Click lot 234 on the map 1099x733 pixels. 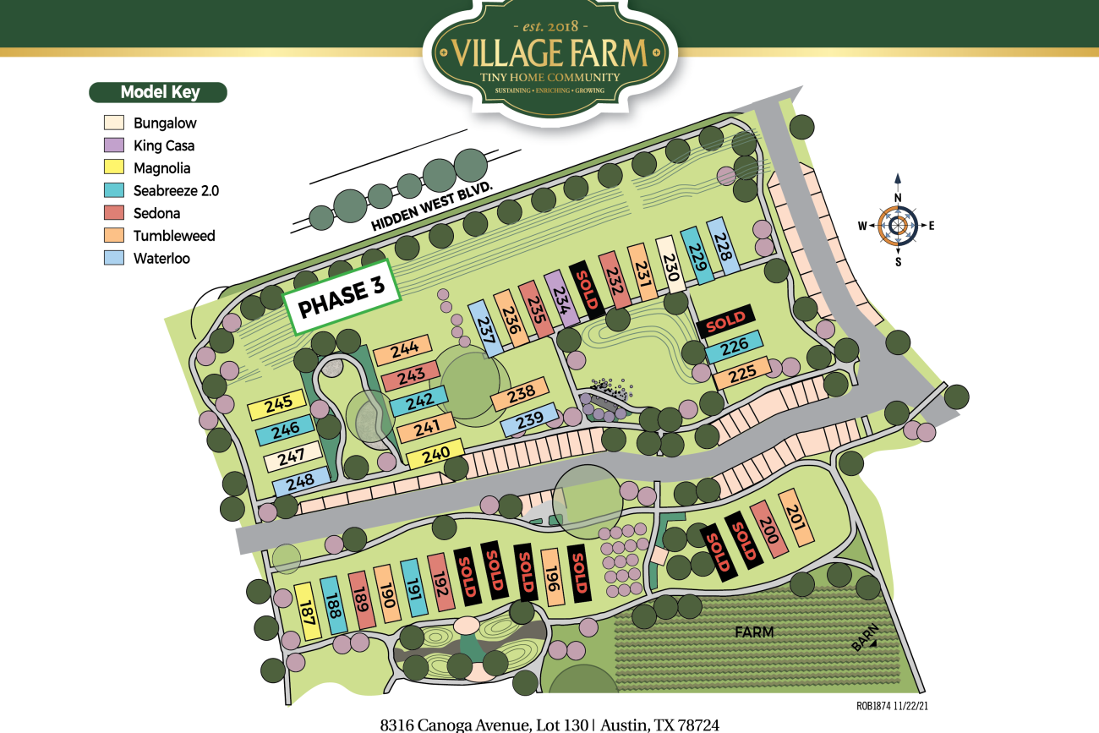tap(560, 298)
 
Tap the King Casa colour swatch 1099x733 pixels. tap(114, 145)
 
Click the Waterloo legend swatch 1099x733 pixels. tap(114, 258)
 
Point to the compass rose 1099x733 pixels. tap(898, 225)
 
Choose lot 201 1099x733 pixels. tap(796, 517)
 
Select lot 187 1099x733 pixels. tap(309, 610)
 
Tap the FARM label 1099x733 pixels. tap(754, 632)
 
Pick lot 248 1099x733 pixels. tap(301, 482)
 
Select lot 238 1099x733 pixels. tap(522, 392)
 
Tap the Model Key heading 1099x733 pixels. tap(158, 92)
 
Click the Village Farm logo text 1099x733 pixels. tap(550, 52)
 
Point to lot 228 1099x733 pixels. tap(723, 245)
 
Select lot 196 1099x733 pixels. tap(551, 577)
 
